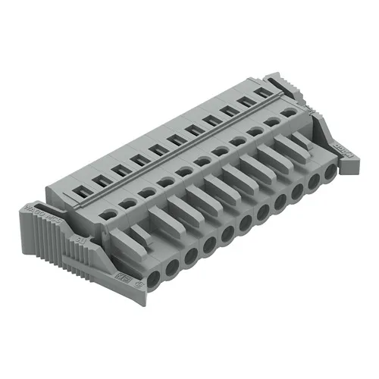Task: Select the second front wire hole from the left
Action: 174,265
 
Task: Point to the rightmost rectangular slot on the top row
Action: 265,92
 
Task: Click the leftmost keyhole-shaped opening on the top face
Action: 109,215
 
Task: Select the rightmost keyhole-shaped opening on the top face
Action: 287,113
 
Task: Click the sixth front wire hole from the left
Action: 244,223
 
